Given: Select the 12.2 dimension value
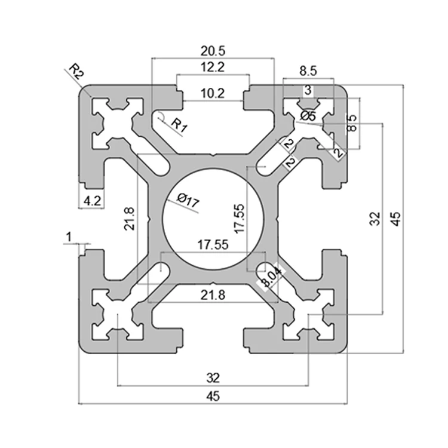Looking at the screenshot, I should pyautogui.click(x=213, y=67).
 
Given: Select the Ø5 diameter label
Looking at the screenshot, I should pyautogui.click(x=308, y=116).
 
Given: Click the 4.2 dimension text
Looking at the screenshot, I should pyautogui.click(x=92, y=201).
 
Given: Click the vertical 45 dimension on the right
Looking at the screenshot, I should pyautogui.click(x=395, y=219).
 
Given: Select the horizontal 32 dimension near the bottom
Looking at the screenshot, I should pyautogui.click(x=213, y=377).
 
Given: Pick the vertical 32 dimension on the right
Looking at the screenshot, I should pyautogui.click(x=375, y=219).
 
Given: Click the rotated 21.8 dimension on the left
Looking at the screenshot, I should pyautogui.click(x=130, y=219).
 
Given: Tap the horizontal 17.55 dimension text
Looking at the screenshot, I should pyautogui.click(x=213, y=245).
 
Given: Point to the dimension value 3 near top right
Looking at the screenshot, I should pyautogui.click(x=308, y=91).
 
